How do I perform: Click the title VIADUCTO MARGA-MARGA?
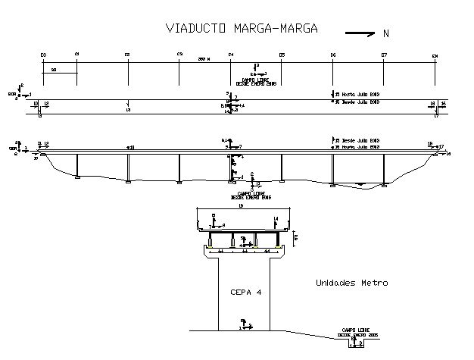(x=242, y=29)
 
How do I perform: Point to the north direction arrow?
(x=360, y=33)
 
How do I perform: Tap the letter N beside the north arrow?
(x=386, y=33)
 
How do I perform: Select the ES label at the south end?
(x=43, y=55)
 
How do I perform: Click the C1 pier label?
(x=77, y=55)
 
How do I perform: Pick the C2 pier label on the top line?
(x=128, y=55)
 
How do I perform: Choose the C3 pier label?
(x=179, y=55)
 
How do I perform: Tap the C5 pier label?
(x=282, y=55)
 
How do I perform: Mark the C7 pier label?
(x=384, y=55)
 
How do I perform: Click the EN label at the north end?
(x=435, y=55)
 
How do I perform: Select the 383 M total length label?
(x=203, y=58)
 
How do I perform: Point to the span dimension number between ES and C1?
(x=53, y=69)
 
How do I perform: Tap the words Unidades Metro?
(x=351, y=283)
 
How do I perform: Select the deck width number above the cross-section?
(x=240, y=205)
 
